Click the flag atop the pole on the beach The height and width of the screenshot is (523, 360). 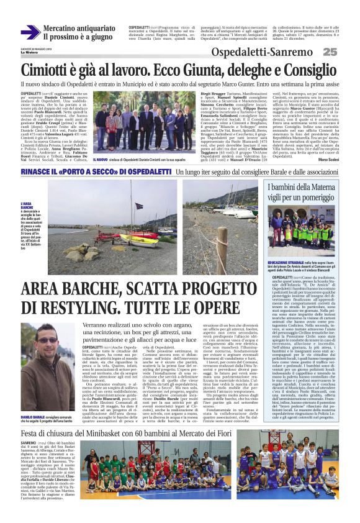point(138,206)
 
